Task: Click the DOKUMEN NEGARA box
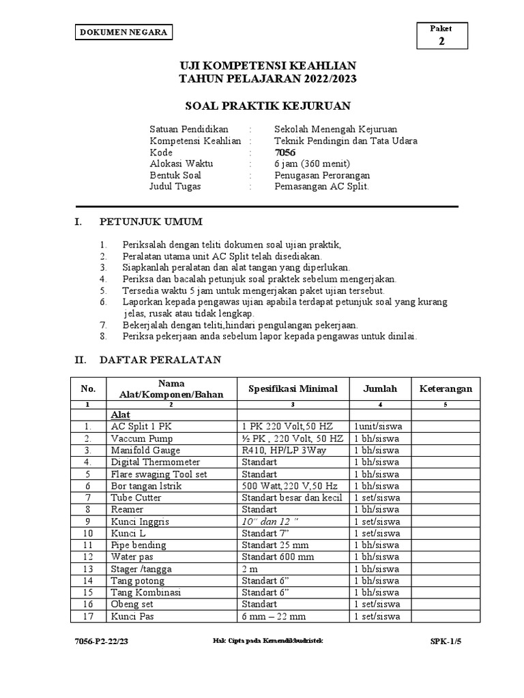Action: click(123, 33)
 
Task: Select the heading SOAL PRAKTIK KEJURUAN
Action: click(268, 105)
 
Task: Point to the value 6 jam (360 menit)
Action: click(312, 164)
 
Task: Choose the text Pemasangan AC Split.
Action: click(321, 186)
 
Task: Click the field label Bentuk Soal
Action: click(175, 175)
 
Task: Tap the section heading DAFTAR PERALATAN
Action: click(160, 359)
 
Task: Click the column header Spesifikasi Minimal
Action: click(293, 389)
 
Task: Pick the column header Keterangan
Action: click(445, 389)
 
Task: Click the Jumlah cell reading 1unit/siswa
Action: click(377, 427)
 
